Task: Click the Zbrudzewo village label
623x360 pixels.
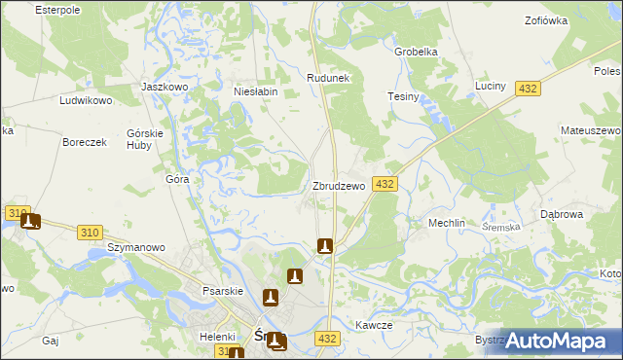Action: (338, 186)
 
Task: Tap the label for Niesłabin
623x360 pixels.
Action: (256, 92)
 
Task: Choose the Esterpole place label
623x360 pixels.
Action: (55, 9)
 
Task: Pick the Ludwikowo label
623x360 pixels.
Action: (87, 100)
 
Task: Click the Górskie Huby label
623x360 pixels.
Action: (145, 139)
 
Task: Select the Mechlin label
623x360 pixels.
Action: (447, 223)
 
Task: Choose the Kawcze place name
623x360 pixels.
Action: (374, 326)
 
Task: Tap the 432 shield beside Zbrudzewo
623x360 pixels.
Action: (385, 184)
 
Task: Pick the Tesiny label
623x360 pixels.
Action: (403, 96)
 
